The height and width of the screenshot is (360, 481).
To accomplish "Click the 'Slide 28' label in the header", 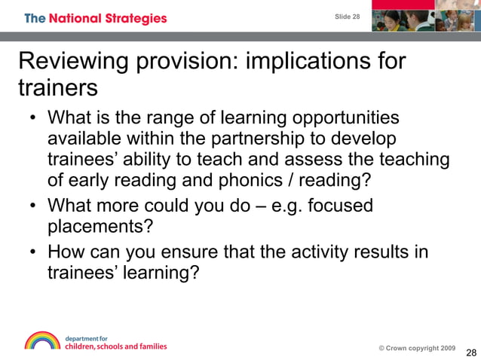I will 348,17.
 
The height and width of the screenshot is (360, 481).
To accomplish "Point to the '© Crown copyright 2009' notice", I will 416,348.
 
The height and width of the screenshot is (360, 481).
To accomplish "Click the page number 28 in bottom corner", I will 471,353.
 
